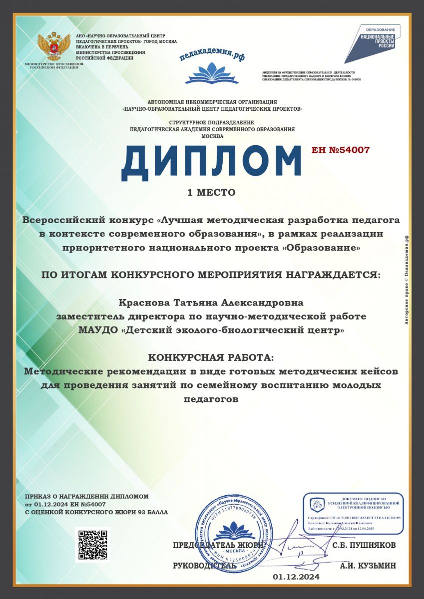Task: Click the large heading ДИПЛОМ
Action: pos(211,161)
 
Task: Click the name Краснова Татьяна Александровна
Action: pos(211,303)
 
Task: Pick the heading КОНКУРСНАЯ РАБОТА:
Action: pos(211,358)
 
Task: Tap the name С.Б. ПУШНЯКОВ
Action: pos(364,545)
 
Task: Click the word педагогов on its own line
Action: pos(211,399)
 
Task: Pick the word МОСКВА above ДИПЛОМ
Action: pos(212,136)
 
